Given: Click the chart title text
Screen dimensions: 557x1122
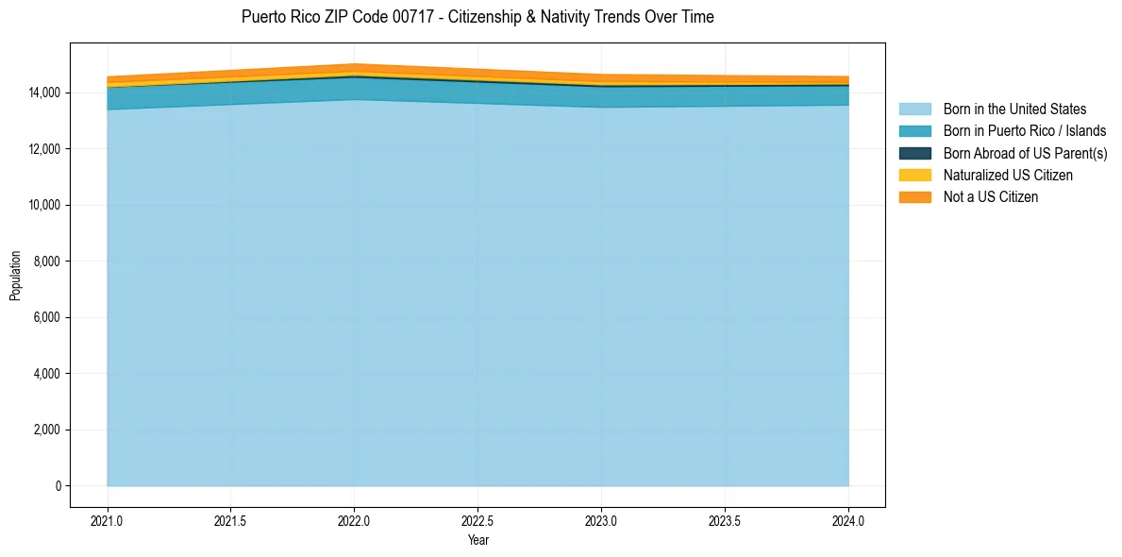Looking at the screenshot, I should pos(477,17).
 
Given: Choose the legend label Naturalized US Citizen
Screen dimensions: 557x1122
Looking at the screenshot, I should pos(1008,176).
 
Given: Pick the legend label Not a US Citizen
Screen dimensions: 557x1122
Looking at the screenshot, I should pos(990,197).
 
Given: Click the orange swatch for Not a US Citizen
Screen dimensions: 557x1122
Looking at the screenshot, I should pos(914,197).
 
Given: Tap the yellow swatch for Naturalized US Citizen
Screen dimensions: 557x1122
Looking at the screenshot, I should pos(914,176).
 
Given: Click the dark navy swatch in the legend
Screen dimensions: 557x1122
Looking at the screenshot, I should pos(914,153).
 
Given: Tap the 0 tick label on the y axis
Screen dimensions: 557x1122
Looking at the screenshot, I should pos(58,486).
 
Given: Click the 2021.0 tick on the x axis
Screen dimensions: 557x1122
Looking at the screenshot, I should pos(108,521).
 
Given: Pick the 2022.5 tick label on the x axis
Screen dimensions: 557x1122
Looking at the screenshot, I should pos(477,521).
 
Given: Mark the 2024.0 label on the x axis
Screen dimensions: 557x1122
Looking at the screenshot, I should pos(848,521).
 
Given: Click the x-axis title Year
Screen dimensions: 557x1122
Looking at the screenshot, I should pos(477,540).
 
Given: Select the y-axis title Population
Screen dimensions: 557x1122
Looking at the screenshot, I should pos(15,276).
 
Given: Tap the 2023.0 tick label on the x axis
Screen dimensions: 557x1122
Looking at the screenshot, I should pos(601,521).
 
